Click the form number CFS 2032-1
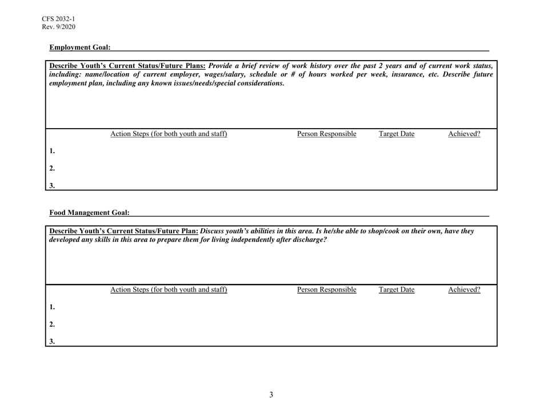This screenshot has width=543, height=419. (x=58, y=18)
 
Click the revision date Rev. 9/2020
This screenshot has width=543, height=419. (x=58, y=27)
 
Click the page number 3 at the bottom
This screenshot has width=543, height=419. (x=271, y=394)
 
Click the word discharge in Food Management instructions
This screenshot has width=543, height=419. (x=308, y=240)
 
